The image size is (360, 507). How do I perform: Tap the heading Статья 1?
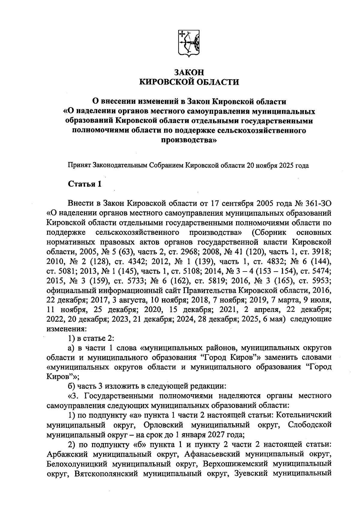click(x=85, y=184)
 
